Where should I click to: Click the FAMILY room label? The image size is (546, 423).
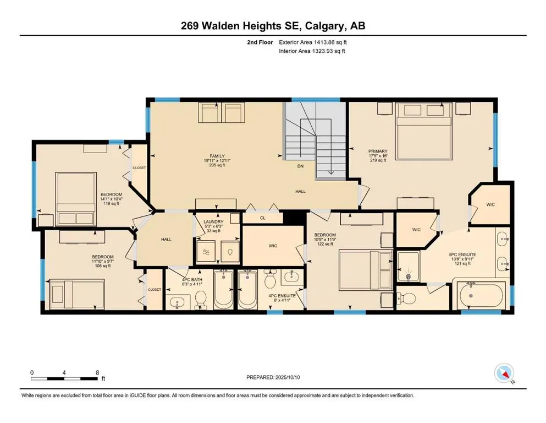pos(217,156)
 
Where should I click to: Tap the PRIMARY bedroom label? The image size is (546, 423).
pos(378,151)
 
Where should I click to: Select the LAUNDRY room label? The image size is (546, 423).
pos(213,222)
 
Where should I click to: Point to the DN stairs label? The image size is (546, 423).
pos(300,166)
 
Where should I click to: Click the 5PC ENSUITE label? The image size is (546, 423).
pos(462,254)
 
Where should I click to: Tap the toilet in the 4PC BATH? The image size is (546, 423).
pos(201,300)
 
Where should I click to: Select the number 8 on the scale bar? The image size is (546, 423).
pos(97,372)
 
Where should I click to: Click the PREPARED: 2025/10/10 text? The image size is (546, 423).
pos(273,377)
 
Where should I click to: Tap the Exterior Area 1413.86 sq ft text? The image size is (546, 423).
pos(313,42)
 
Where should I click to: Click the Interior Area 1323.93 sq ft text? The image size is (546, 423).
pos(312,51)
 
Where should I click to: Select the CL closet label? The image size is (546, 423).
pos(263,218)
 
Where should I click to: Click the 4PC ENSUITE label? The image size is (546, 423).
pos(282,296)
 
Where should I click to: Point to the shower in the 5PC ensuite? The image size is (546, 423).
pos(408,266)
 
